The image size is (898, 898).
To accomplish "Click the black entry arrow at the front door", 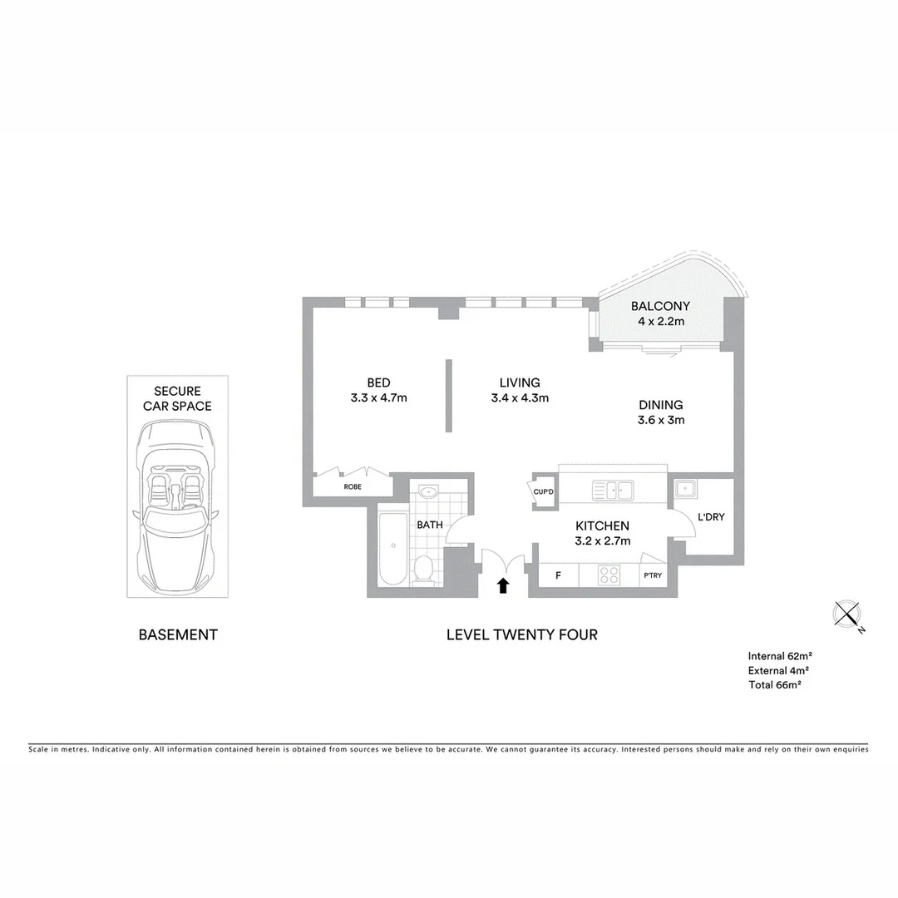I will tap(502, 585).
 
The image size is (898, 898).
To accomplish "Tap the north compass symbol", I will tap(846, 614).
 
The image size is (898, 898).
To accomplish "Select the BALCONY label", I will tap(660, 306).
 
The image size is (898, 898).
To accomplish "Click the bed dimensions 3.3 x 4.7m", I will tap(378, 397).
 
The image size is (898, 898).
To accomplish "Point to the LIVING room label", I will tap(520, 382).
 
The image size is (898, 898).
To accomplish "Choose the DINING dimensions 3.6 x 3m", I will tap(661, 420).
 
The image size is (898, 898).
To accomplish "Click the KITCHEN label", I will tap(603, 525).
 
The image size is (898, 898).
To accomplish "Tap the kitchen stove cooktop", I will tap(609, 575).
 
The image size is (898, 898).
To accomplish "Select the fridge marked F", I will tap(557, 575).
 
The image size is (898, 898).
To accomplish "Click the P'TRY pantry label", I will tap(651, 576).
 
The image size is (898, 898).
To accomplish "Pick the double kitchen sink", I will tap(612, 490).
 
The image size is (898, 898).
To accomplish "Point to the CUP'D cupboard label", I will tap(545, 491).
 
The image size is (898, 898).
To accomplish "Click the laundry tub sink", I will tap(685, 489).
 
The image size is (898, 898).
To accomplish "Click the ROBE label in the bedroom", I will tap(353, 486).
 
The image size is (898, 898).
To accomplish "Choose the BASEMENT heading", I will tap(178, 634).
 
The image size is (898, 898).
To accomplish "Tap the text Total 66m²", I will tap(774, 684).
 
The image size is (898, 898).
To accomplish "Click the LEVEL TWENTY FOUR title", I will tap(521, 634).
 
